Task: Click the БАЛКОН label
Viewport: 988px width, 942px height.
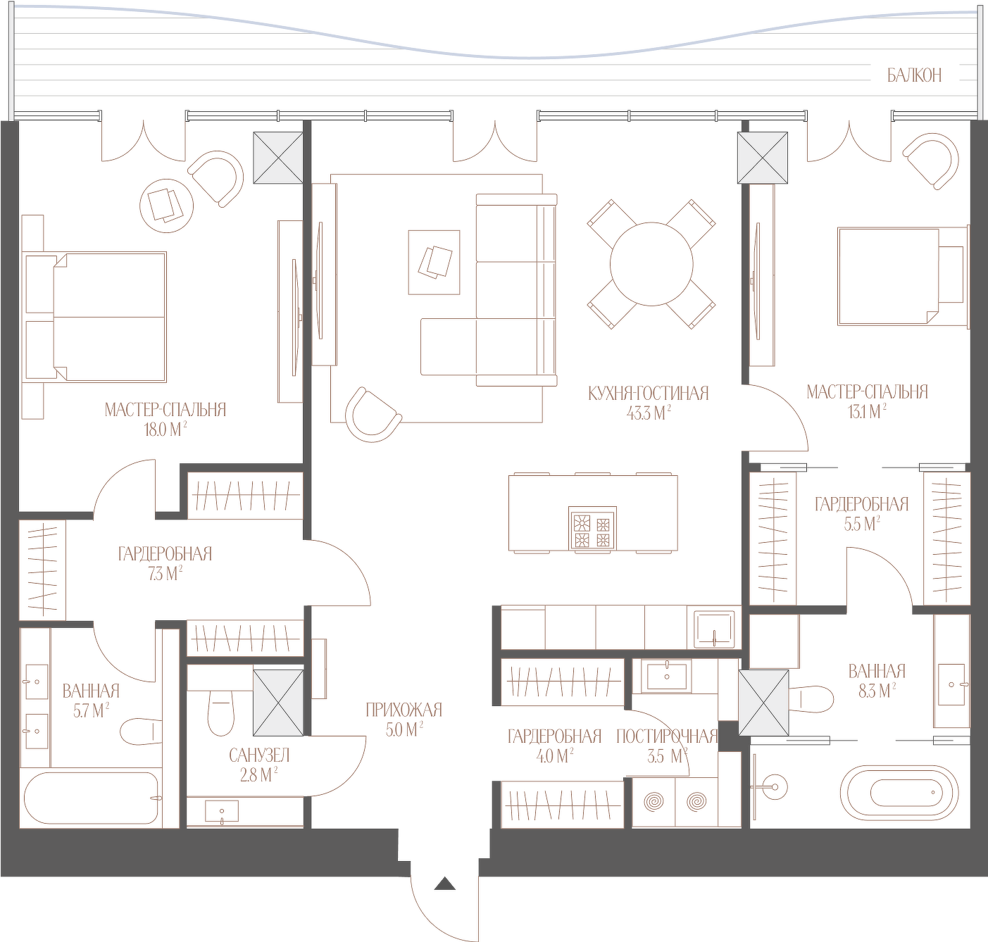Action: pyautogui.click(x=914, y=75)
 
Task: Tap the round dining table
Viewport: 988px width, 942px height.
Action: pyautogui.click(x=651, y=264)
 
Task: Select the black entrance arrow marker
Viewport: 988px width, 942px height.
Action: pyautogui.click(x=445, y=897)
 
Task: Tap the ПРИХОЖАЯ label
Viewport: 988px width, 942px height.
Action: pyautogui.click(x=404, y=710)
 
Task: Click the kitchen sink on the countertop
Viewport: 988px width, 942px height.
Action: pyautogui.click(x=714, y=629)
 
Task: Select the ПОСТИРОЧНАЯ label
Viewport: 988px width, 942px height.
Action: pyautogui.click(x=667, y=737)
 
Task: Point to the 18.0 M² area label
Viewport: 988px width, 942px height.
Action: pyautogui.click(x=164, y=431)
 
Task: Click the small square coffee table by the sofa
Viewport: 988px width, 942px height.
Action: pyautogui.click(x=434, y=262)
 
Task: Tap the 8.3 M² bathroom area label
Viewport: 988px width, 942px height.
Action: pyautogui.click(x=877, y=692)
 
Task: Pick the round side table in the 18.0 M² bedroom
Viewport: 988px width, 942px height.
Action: pyautogui.click(x=166, y=205)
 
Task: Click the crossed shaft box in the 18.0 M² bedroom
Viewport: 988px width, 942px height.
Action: pyautogui.click(x=278, y=158)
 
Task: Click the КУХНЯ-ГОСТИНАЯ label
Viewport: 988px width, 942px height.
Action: pyautogui.click(x=649, y=394)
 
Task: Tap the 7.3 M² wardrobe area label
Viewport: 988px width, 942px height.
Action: pyautogui.click(x=165, y=574)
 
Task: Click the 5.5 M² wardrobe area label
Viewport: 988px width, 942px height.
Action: pyautogui.click(x=862, y=525)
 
